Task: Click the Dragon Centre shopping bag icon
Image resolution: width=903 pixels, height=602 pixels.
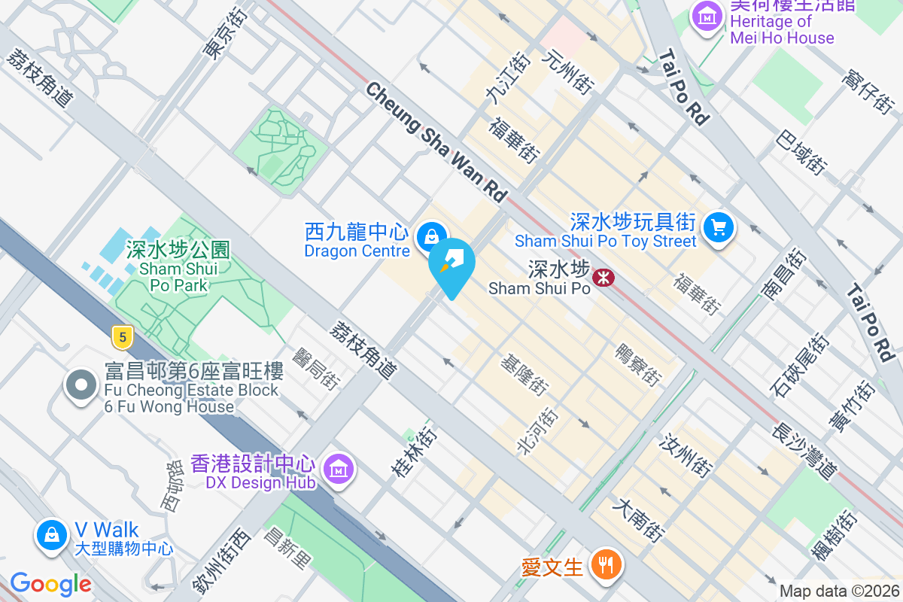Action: click(x=431, y=236)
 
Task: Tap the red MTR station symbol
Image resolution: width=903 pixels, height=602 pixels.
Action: click(x=604, y=278)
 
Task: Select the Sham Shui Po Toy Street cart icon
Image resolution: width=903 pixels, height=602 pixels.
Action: click(x=718, y=226)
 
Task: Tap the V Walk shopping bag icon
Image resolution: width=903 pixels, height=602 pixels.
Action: click(x=51, y=535)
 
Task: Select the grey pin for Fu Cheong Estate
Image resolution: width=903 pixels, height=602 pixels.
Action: click(x=81, y=385)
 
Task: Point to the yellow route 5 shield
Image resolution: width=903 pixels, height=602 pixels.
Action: click(x=122, y=336)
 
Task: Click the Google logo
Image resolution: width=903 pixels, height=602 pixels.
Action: click(x=50, y=584)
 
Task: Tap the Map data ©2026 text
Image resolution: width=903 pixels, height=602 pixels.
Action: click(x=838, y=591)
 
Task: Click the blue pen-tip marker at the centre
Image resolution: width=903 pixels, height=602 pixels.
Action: click(x=452, y=266)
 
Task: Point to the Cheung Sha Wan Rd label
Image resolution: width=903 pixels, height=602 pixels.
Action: click(x=436, y=141)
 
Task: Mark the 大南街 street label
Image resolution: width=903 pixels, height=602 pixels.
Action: click(x=637, y=520)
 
